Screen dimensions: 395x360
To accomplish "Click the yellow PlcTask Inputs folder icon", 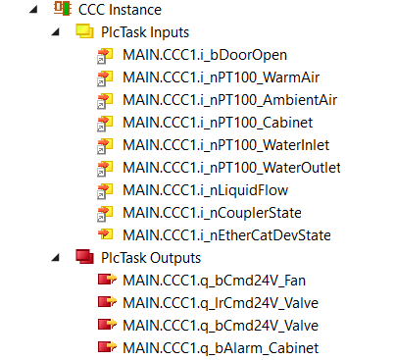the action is click(84, 32).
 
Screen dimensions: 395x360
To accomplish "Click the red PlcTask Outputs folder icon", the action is click(84, 257).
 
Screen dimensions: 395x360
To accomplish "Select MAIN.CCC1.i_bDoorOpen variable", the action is click(205, 55).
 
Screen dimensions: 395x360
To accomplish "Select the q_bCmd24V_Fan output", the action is click(214, 280).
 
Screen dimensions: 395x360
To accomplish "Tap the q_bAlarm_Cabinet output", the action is click(222, 347).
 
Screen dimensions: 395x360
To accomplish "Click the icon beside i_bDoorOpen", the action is click(105, 55).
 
